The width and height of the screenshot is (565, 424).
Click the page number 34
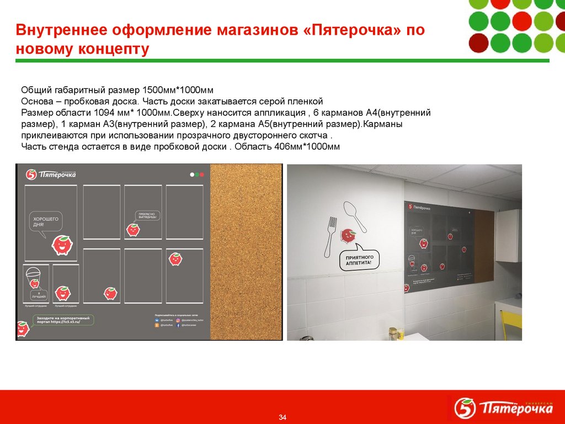pos(282,416)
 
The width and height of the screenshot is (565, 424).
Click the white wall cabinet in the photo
pos(508,235)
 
